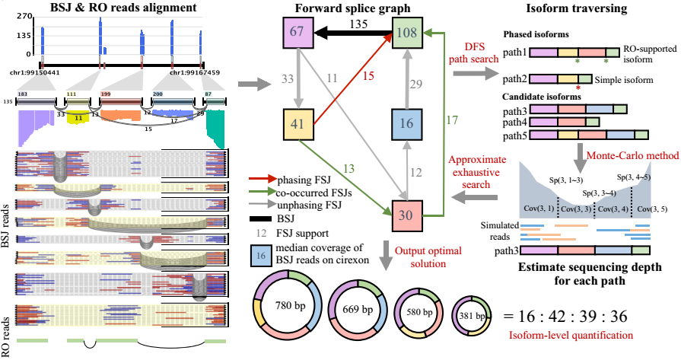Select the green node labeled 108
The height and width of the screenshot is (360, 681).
click(407, 34)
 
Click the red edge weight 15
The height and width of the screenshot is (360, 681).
click(368, 76)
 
